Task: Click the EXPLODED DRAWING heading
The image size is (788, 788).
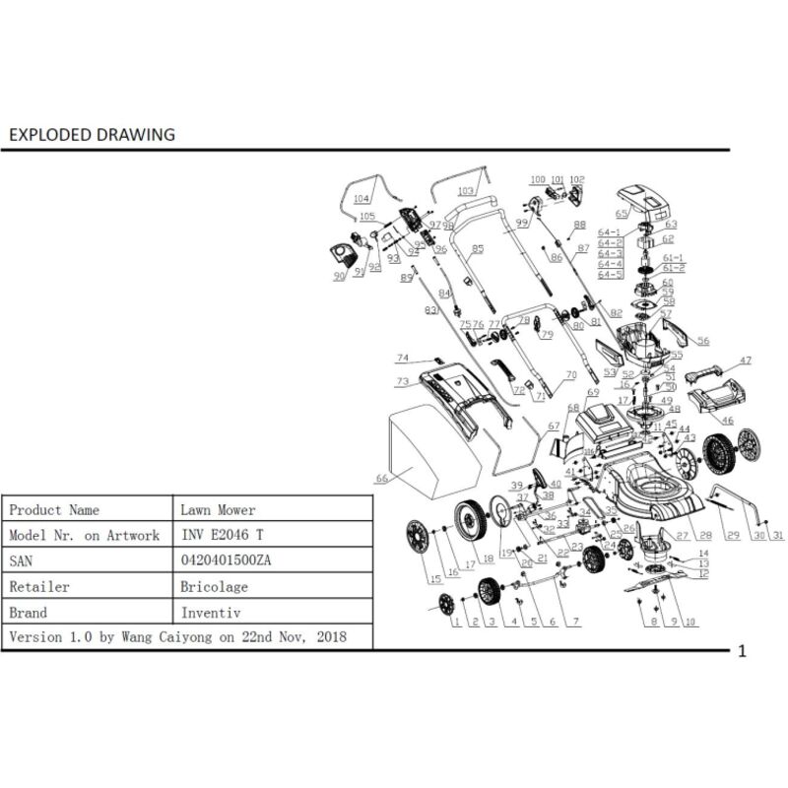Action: tap(91, 134)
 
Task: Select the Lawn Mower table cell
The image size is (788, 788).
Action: tap(218, 510)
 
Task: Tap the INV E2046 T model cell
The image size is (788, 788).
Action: tap(223, 535)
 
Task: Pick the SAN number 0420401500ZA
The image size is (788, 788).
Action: tap(227, 560)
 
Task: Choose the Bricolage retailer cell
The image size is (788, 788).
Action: tap(215, 586)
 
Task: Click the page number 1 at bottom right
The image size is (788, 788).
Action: tap(742, 651)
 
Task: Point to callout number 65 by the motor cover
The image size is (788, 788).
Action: tap(621, 213)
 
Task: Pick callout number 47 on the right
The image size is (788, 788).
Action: tap(746, 361)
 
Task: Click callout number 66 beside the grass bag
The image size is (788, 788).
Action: tap(382, 479)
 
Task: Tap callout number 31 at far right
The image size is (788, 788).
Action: tap(778, 536)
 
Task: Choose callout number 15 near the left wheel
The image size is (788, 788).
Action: tap(434, 578)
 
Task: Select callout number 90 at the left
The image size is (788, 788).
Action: tap(340, 277)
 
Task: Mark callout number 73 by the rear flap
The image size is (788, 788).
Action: tap(402, 381)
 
